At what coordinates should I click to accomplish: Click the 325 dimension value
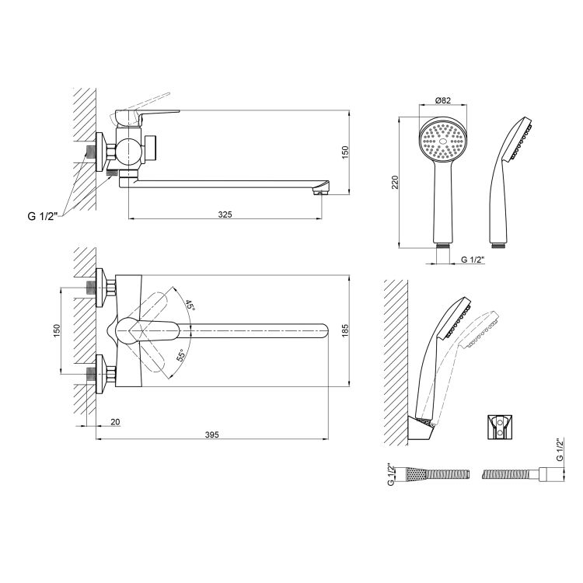click(x=225, y=215)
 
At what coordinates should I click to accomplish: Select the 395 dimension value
click(x=212, y=435)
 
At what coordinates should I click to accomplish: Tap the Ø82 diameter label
click(x=442, y=100)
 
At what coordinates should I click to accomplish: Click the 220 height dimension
click(x=395, y=182)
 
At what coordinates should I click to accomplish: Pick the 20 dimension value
click(x=115, y=422)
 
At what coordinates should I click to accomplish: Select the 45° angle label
click(x=190, y=305)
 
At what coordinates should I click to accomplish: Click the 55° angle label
click(x=180, y=355)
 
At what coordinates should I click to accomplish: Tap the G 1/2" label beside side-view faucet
click(x=43, y=216)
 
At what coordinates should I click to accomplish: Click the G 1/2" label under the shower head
click(x=473, y=260)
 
